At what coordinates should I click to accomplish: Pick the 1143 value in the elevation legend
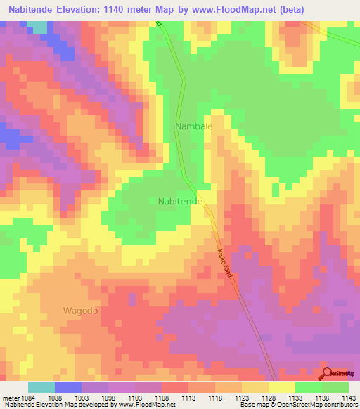[x=348, y=398]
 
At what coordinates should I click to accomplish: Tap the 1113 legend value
[x=188, y=398]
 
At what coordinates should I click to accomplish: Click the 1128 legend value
[x=269, y=398]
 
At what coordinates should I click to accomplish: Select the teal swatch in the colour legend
[x=41, y=387]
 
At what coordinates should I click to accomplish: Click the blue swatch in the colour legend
[x=68, y=387]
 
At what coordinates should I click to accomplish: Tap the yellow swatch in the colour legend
[x=282, y=387]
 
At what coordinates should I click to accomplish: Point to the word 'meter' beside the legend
[x=10, y=398]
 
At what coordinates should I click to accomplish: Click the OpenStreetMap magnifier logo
[x=328, y=375]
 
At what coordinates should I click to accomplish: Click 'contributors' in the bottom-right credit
[x=341, y=405]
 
